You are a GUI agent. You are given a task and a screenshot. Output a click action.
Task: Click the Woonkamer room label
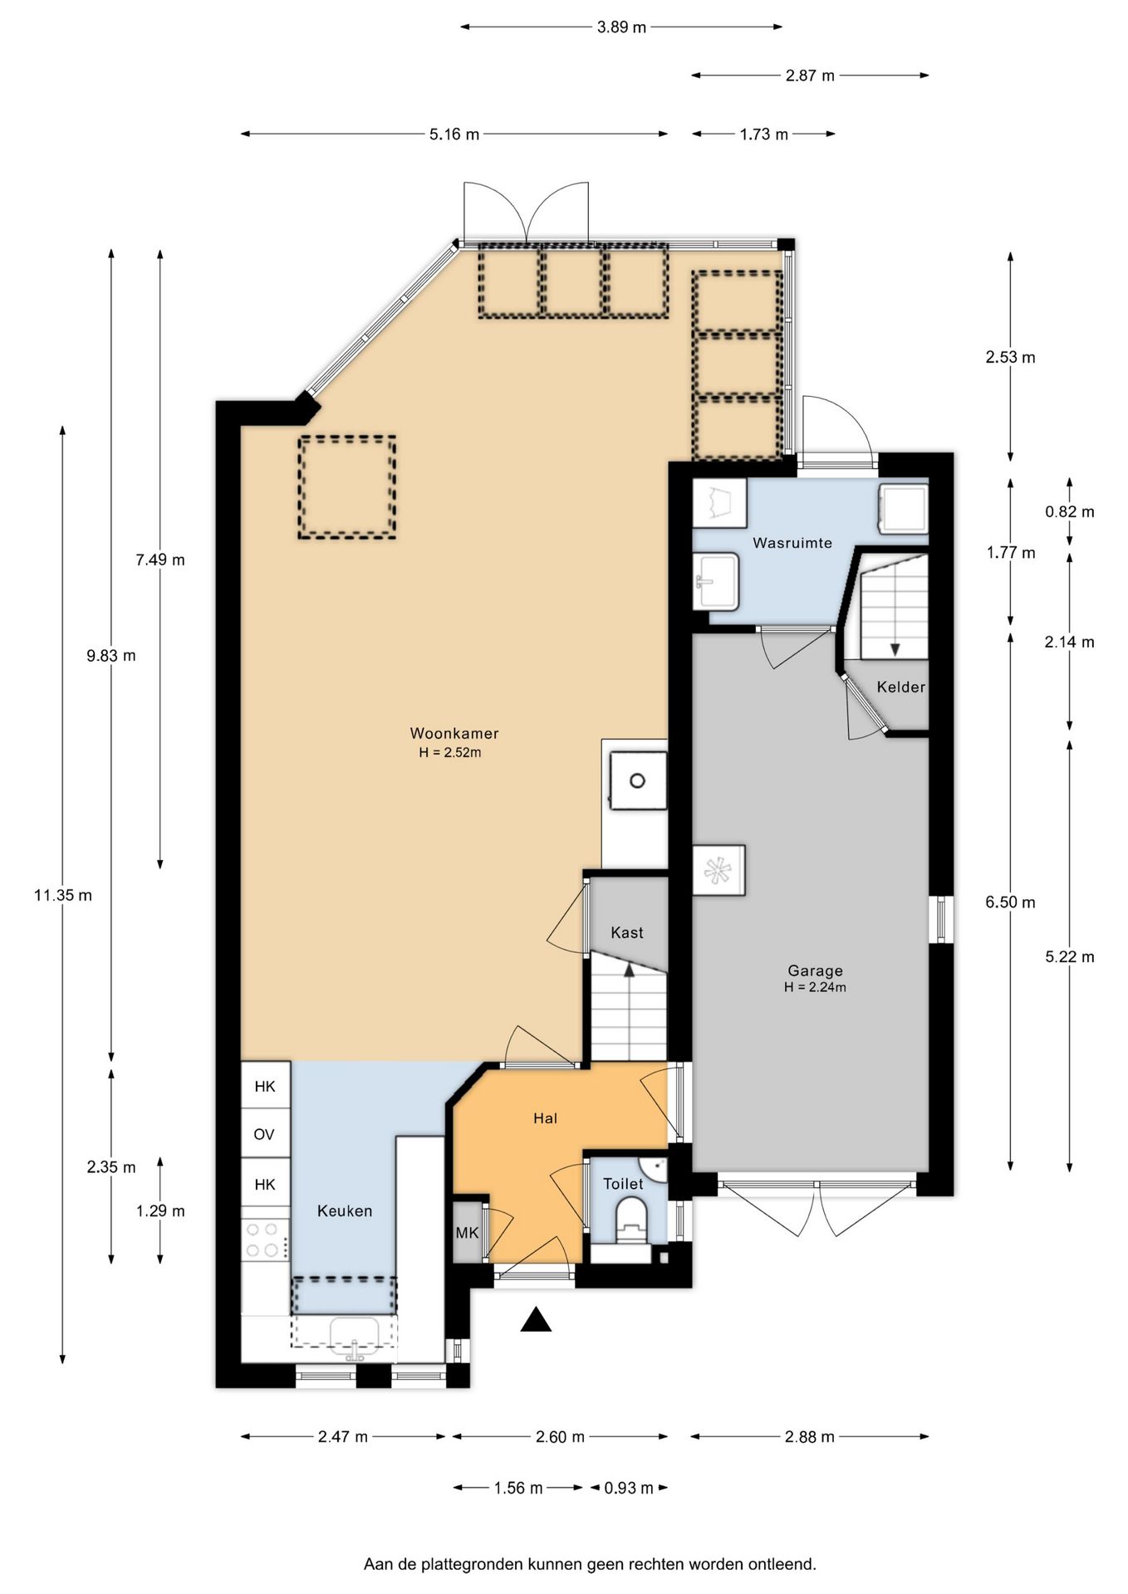454,733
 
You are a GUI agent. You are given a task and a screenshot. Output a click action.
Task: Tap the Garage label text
815,971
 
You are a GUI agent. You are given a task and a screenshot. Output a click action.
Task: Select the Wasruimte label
792,543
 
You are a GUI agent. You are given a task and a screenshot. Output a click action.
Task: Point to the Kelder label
900,687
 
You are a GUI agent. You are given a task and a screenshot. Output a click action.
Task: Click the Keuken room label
345,1211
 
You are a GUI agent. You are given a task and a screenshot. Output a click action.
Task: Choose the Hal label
545,1118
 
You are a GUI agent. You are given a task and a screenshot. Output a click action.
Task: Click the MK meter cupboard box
468,1233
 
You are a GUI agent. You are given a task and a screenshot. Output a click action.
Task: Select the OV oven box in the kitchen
265,1134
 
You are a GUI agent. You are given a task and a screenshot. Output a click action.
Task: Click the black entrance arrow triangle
536,1319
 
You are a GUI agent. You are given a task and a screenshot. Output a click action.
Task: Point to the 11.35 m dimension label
63,895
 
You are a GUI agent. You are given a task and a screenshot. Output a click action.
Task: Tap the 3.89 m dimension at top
621,27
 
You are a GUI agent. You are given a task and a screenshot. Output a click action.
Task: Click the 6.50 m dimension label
1010,902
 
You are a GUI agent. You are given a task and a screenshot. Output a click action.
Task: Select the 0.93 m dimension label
628,1488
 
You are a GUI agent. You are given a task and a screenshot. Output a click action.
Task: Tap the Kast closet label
627,932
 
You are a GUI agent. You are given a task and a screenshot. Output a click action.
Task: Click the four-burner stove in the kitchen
266,1240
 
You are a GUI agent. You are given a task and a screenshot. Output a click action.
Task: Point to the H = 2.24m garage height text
815,988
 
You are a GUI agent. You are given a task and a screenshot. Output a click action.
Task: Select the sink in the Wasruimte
717,581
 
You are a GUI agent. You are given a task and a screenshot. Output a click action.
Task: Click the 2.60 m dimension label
560,1436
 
